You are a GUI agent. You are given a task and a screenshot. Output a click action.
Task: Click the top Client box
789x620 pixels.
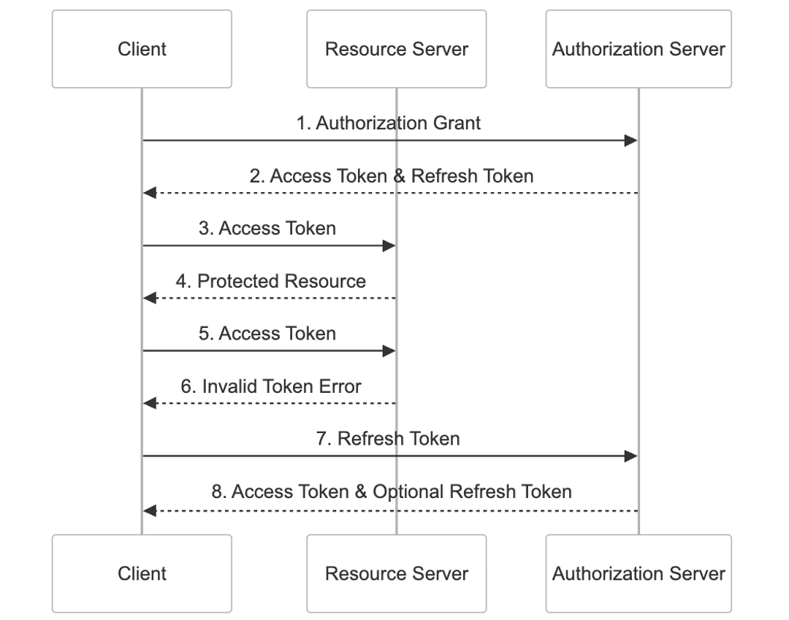coord(142,49)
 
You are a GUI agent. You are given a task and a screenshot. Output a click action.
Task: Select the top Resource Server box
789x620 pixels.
coord(396,49)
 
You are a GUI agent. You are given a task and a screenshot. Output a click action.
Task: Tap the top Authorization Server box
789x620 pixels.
coord(639,49)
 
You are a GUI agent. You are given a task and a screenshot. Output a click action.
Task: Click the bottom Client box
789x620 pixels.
coord(142,573)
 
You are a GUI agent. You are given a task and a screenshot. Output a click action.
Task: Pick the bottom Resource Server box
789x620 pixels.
coord(396,573)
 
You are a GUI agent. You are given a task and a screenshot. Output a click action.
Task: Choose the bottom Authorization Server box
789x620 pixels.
coord(639,573)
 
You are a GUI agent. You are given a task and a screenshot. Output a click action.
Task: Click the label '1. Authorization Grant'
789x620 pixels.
coord(388,123)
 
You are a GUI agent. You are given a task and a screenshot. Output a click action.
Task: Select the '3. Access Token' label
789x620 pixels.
coord(267,229)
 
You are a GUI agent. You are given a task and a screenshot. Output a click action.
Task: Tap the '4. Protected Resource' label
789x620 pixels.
coord(270,281)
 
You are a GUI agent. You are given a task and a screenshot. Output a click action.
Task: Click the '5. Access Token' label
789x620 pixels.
coord(267,334)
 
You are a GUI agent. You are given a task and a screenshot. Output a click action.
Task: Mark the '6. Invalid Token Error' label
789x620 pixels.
coord(271,386)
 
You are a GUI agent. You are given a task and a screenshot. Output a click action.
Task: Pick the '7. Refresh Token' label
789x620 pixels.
coord(388,438)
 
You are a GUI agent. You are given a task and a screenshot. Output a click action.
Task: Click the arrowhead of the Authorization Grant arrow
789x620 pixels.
coord(631,140)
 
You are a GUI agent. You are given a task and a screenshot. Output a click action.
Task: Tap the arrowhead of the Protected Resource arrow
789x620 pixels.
coord(150,298)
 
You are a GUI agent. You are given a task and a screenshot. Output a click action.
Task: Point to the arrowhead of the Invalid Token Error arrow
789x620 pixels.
coord(150,403)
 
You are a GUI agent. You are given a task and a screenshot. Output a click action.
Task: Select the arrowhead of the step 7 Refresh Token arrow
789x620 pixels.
coord(631,456)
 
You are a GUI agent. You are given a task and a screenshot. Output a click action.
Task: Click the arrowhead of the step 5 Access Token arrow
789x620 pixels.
coord(389,351)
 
